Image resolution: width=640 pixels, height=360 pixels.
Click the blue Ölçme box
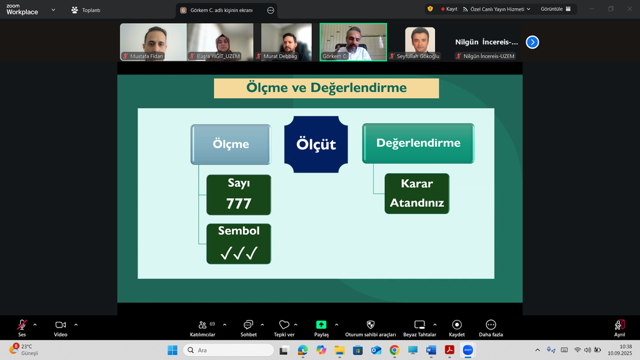point(231,144)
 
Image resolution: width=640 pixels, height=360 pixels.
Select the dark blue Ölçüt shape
point(316,144)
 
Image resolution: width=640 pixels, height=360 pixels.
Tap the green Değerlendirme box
point(418,143)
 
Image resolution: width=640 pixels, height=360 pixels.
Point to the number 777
point(239,203)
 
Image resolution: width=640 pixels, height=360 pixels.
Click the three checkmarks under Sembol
point(239,253)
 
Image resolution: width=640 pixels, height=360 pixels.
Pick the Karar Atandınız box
point(417,194)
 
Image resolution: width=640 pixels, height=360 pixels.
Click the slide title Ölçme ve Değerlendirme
point(326,87)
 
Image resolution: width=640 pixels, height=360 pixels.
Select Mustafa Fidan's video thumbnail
point(154,42)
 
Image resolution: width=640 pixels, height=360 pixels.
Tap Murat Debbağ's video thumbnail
point(286,42)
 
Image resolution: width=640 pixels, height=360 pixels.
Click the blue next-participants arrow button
point(532,42)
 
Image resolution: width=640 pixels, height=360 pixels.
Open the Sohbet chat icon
point(248,325)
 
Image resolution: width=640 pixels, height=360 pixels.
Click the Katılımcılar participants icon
point(202,325)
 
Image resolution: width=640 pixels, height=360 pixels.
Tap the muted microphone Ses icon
point(22,325)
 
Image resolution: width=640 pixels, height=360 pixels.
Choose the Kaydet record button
point(457,324)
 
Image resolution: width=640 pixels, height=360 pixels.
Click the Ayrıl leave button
point(619,325)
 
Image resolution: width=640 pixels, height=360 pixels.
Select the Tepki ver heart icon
point(284,325)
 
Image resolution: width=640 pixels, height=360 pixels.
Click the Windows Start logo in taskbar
point(172,350)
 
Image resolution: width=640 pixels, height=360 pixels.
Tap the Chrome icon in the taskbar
point(394,350)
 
